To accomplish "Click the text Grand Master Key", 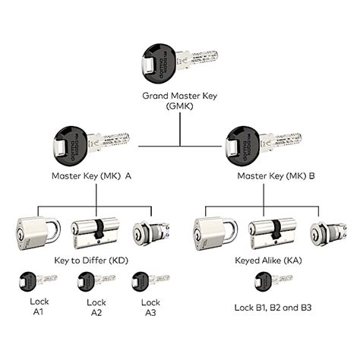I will coord(179,96).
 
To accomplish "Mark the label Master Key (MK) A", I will coord(92,176).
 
